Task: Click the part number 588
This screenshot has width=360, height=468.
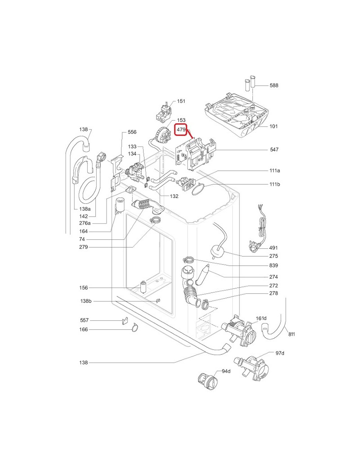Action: pyautogui.click(x=274, y=85)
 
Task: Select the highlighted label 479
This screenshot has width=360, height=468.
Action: pyautogui.click(x=181, y=130)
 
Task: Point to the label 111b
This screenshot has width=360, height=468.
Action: pyautogui.click(x=274, y=184)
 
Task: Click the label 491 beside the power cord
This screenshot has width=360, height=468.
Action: pyautogui.click(x=273, y=248)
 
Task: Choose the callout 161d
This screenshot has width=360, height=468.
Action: pyautogui.click(x=261, y=319)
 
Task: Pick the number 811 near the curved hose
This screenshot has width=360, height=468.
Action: pyautogui.click(x=292, y=334)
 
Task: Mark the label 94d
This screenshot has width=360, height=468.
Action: pyautogui.click(x=226, y=372)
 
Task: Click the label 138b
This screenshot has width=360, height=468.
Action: pyautogui.click(x=85, y=301)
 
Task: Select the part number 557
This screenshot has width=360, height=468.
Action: pyautogui.click(x=84, y=320)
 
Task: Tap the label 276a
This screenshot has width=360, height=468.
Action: pyautogui.click(x=85, y=223)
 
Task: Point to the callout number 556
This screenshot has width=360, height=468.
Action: pyautogui.click(x=132, y=132)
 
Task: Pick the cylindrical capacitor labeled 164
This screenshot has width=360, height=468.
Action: pyautogui.click(x=120, y=205)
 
